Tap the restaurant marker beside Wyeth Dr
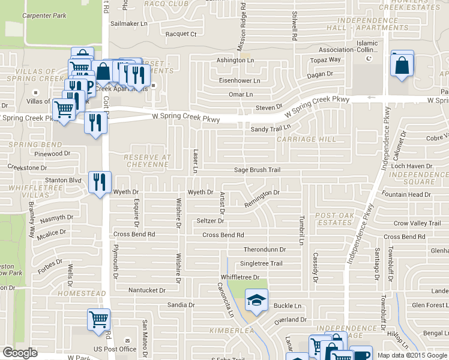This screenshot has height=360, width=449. (100, 182)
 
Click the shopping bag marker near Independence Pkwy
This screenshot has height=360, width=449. (402, 65)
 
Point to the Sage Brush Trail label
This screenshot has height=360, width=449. (257, 170)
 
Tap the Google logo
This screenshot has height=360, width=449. (20, 353)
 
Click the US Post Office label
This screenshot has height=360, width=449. (115, 349)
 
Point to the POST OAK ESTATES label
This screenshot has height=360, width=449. (333, 218)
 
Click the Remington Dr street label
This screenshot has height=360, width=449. (262, 199)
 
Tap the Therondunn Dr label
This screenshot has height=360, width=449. (265, 249)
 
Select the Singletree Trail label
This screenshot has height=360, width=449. (261, 263)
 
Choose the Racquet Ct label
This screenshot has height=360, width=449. (181, 34)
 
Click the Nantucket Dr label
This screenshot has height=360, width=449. (147, 290)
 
